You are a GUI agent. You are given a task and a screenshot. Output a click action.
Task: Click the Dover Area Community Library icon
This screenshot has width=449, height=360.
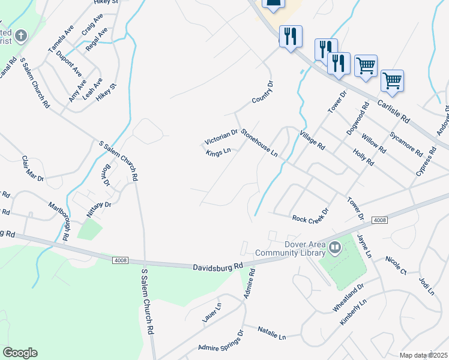334,245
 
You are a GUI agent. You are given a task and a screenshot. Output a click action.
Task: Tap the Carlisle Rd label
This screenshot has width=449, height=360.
393,112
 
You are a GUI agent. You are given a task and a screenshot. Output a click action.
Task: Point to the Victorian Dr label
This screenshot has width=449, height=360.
221,137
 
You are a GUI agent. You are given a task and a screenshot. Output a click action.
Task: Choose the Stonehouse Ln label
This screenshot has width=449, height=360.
259,142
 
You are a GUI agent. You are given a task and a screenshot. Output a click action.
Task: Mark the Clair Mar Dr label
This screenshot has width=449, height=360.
33,169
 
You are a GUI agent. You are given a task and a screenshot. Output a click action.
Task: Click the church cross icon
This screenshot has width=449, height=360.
20,35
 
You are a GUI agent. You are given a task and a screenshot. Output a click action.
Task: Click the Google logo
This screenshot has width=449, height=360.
20,353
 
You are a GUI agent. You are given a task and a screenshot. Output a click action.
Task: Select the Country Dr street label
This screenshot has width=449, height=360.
262,92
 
